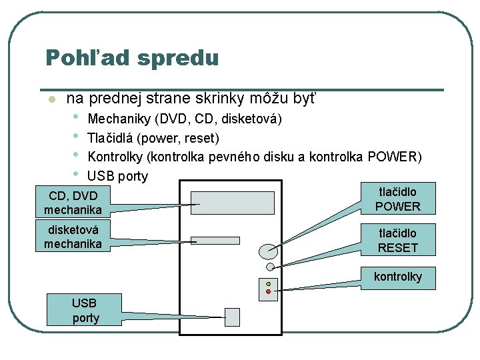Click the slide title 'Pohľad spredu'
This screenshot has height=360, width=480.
[132, 58]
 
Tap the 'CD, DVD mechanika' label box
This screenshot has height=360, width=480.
[73, 203]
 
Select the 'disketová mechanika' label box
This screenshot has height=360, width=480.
[73, 236]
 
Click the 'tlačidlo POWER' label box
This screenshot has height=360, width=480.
[397, 199]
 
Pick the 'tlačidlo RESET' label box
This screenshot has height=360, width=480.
[397, 240]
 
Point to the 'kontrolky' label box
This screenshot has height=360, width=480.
[397, 277]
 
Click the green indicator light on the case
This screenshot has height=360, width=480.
[268, 284]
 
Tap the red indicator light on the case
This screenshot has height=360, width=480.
[268, 291]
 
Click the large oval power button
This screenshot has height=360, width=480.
[269, 251]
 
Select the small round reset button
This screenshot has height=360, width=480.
[270, 267]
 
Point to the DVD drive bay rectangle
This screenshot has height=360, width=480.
[233, 203]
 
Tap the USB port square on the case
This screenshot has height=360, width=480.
[233, 316]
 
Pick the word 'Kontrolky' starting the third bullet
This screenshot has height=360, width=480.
[116, 157]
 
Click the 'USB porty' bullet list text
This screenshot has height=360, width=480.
[118, 177]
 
